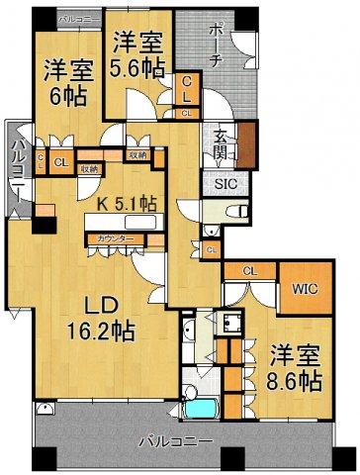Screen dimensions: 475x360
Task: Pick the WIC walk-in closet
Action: (304, 292)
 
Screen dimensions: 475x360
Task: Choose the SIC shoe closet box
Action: (220, 182)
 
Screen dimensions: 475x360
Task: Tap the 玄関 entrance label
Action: (220, 146)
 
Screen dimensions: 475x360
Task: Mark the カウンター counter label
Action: (108, 238)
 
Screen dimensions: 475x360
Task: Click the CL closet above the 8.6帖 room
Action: (249, 270)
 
